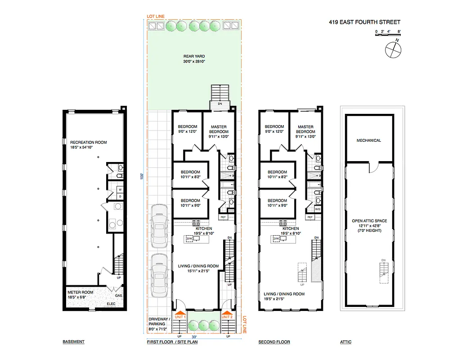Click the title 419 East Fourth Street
pos(365,22)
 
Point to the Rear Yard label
pos(194,58)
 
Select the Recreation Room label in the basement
pos(88,144)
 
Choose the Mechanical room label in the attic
pos(368,140)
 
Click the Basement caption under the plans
pos(73,342)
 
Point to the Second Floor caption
pos(274,342)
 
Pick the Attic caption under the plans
pos(345,342)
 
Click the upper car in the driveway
pos(159,227)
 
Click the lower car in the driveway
pos(159,275)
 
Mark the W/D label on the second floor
pos(318,209)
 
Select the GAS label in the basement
pos(119,296)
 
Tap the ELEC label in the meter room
pos(111,304)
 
